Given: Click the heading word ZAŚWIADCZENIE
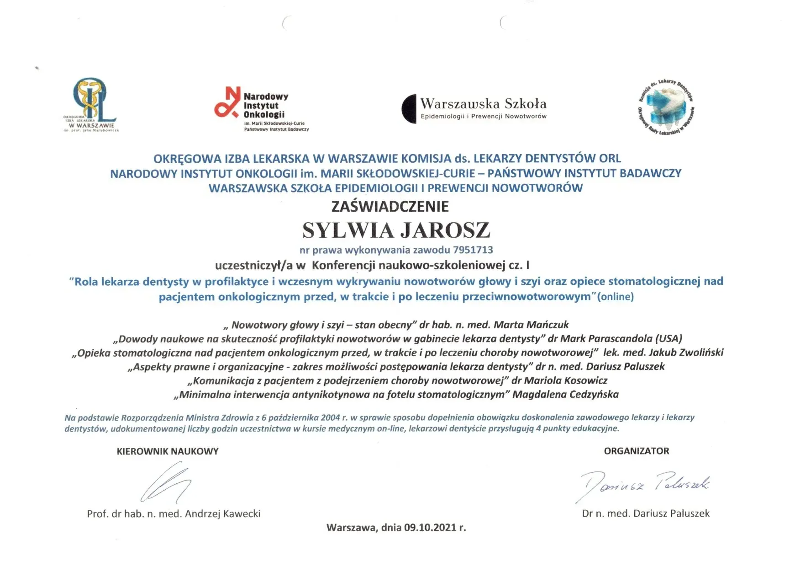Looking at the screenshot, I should point(390,207).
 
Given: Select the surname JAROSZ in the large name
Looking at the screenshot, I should point(446,230).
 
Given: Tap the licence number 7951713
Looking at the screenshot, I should point(473,250).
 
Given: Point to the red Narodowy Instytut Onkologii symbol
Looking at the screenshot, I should point(227,102).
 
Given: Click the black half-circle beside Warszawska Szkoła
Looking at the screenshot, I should point(409,109).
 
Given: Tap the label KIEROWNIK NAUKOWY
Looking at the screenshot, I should point(168,452).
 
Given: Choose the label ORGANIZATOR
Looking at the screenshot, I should point(636,451).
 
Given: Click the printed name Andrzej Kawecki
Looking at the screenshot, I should point(222,514).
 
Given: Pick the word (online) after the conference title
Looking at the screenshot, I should point(616,297).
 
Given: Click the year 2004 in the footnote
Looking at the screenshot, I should point(331,417).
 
